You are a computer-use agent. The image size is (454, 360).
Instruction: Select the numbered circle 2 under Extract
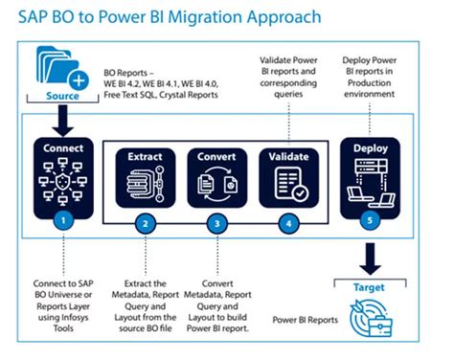coord(146,224)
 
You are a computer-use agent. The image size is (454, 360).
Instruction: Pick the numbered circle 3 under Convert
coord(217,224)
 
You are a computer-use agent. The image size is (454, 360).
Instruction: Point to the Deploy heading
coord(371,147)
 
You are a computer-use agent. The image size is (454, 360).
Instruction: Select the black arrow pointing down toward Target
coord(372,256)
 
